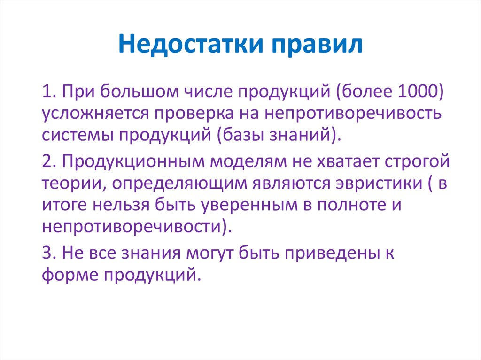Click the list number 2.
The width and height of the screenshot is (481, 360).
(49, 162)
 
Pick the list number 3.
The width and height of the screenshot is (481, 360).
(49, 254)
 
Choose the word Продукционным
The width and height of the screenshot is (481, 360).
(134, 162)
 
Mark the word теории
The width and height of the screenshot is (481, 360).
(68, 184)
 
